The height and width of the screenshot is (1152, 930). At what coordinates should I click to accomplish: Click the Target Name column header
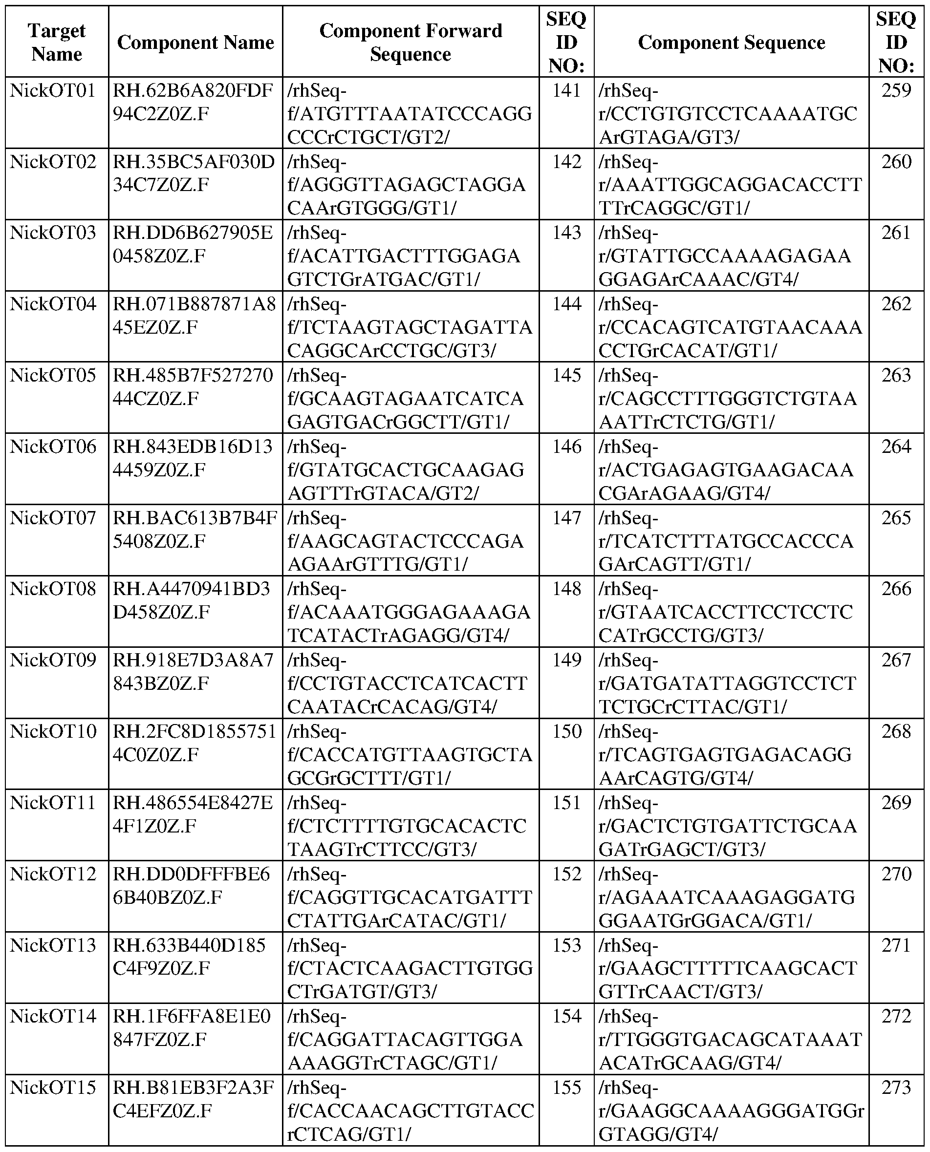(x=56, y=42)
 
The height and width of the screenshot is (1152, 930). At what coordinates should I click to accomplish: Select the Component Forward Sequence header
(x=411, y=42)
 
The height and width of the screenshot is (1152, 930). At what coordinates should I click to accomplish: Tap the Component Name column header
(x=195, y=43)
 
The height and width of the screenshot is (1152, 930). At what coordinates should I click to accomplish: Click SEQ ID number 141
(x=566, y=90)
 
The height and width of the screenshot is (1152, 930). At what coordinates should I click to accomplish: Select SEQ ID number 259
(x=896, y=90)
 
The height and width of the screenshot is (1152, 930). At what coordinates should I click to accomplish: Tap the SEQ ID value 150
(x=566, y=731)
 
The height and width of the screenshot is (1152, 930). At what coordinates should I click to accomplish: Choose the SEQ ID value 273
(x=896, y=1087)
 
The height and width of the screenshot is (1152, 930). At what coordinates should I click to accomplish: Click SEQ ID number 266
(x=896, y=589)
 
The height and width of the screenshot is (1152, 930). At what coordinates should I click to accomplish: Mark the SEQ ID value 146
(x=566, y=447)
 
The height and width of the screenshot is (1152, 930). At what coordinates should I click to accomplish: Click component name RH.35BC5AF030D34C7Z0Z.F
(x=194, y=173)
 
